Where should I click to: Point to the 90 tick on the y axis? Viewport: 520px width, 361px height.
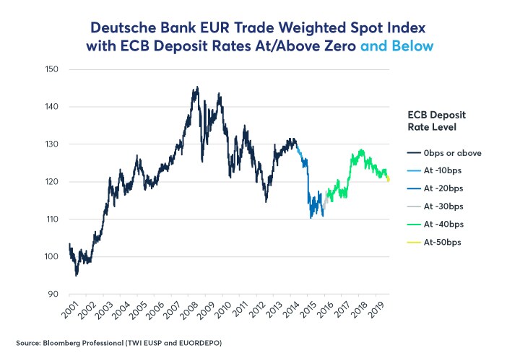(x=53, y=294)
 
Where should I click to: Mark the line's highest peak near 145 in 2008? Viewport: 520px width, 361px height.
(x=196, y=87)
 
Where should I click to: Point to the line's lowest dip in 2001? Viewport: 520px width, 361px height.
(x=76, y=275)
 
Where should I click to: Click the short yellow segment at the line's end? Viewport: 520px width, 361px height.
(x=389, y=178)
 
